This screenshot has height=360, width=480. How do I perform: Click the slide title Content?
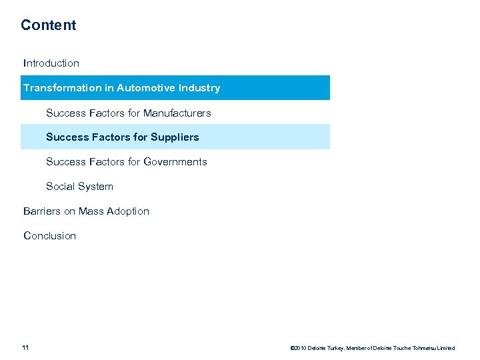[48, 25]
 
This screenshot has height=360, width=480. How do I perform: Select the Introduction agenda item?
[51, 63]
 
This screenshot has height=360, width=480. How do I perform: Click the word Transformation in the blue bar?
[63, 88]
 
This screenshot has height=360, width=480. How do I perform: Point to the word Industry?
[199, 88]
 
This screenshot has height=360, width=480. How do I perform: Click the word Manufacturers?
[177, 113]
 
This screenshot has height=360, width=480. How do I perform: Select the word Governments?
[175, 162]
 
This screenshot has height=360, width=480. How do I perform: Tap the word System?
[97, 187]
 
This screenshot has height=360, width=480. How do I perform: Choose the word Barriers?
[41, 211]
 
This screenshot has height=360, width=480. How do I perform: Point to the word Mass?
[92, 211]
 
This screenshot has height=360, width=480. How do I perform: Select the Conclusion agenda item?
[50, 236]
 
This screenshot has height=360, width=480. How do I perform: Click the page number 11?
[25, 347]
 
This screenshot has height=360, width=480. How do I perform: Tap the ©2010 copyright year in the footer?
[298, 348]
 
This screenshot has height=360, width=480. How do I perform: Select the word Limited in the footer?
[447, 348]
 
